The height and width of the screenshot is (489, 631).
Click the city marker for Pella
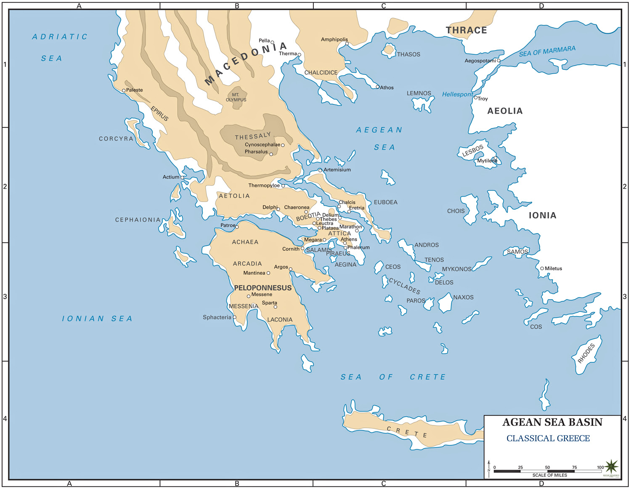(x=272, y=43)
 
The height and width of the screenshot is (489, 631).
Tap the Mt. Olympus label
(x=236, y=97)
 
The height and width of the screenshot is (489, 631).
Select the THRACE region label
(x=466, y=30)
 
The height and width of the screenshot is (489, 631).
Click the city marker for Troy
(x=476, y=98)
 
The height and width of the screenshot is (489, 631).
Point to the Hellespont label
(x=457, y=94)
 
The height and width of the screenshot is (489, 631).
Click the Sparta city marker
(x=276, y=307)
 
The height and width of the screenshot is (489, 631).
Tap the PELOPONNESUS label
(x=262, y=288)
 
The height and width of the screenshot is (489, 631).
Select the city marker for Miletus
(x=542, y=268)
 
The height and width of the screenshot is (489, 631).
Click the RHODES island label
(x=586, y=353)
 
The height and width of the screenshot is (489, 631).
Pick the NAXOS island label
(x=463, y=297)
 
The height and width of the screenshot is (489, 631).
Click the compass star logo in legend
(x=611, y=466)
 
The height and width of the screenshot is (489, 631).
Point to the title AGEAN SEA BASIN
(x=552, y=422)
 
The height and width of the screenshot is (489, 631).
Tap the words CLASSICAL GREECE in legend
(x=548, y=439)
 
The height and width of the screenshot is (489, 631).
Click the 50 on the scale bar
(x=547, y=467)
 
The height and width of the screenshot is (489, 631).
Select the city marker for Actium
(x=182, y=178)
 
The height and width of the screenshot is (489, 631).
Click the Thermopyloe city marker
(x=283, y=186)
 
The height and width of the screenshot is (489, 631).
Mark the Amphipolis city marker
(x=347, y=44)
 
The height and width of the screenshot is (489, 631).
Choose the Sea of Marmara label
(x=547, y=51)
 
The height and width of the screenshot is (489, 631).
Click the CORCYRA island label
(x=116, y=138)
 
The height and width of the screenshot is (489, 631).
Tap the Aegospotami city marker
(x=498, y=61)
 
